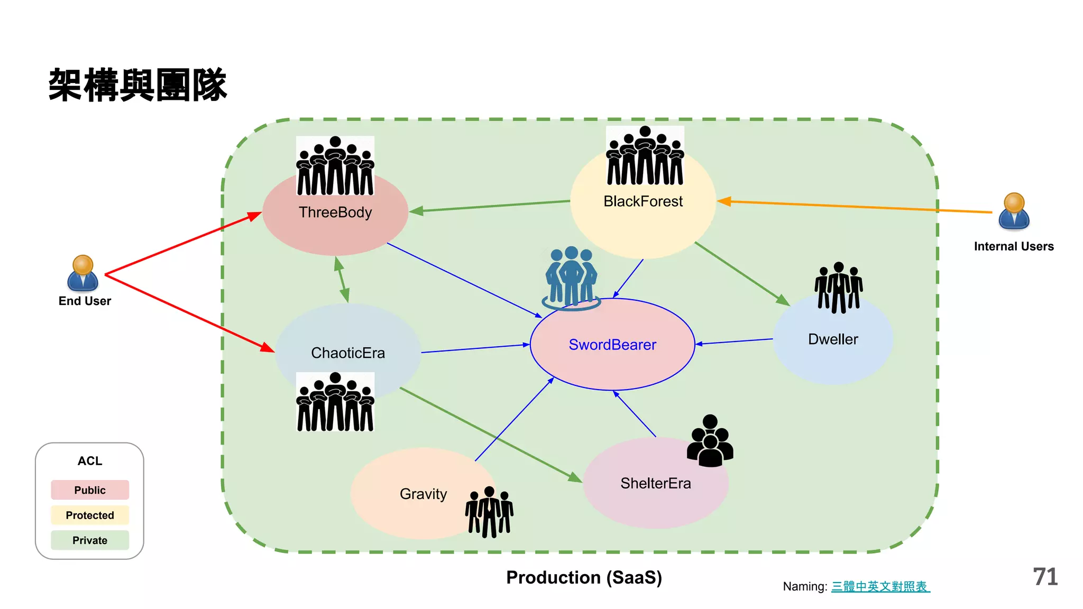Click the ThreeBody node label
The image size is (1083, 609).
pyautogui.click(x=335, y=213)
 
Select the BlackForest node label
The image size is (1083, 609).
pyautogui.click(x=643, y=201)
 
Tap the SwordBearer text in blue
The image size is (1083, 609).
pyautogui.click(x=612, y=345)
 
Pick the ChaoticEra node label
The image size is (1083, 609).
pyautogui.click(x=348, y=353)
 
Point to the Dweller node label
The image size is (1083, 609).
pyautogui.click(x=833, y=339)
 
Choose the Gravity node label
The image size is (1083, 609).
pyautogui.click(x=423, y=494)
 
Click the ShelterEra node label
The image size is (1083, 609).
pyautogui.click(x=656, y=483)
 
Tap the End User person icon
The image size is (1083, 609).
pyautogui.click(x=83, y=273)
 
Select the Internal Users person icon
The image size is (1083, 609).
pyautogui.click(x=1014, y=211)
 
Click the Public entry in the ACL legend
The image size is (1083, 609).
pyautogui.click(x=90, y=490)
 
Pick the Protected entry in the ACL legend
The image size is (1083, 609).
pyautogui.click(x=90, y=515)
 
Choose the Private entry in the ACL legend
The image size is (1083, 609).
pyautogui.click(x=90, y=540)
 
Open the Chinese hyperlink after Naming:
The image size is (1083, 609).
pyautogui.click(x=880, y=586)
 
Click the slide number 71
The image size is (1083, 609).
pyautogui.click(x=1045, y=577)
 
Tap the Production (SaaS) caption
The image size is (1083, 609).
pyautogui.click(x=584, y=577)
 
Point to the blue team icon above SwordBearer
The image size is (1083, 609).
pyautogui.click(x=571, y=278)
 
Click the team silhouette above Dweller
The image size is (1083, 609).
pyautogui.click(x=839, y=288)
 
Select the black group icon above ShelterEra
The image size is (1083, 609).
pyautogui.click(x=710, y=441)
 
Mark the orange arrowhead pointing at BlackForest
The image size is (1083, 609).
pyautogui.click(x=724, y=201)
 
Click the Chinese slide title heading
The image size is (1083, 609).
pyautogui.click(x=137, y=85)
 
